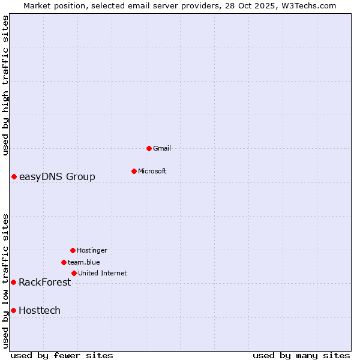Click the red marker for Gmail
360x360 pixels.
point(149,148)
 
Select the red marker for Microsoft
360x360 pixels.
point(134,171)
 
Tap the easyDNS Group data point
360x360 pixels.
point(14,176)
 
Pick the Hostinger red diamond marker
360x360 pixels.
point(73,250)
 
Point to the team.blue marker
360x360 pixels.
point(64,262)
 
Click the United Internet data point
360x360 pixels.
point(74,273)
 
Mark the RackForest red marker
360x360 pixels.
point(13,282)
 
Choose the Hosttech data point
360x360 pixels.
point(13,310)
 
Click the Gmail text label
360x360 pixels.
point(162,148)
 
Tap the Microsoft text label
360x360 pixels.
point(152,171)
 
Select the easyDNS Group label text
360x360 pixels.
point(57,176)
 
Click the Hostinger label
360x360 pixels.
point(92,250)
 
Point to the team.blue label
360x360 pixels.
point(84,262)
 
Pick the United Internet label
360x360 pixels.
point(102,273)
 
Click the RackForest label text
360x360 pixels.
point(44,282)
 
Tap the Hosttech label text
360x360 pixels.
point(40,310)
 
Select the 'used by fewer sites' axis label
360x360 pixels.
point(62,355)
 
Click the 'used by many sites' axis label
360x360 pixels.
point(301,355)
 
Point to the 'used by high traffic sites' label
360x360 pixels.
point(5,85)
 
